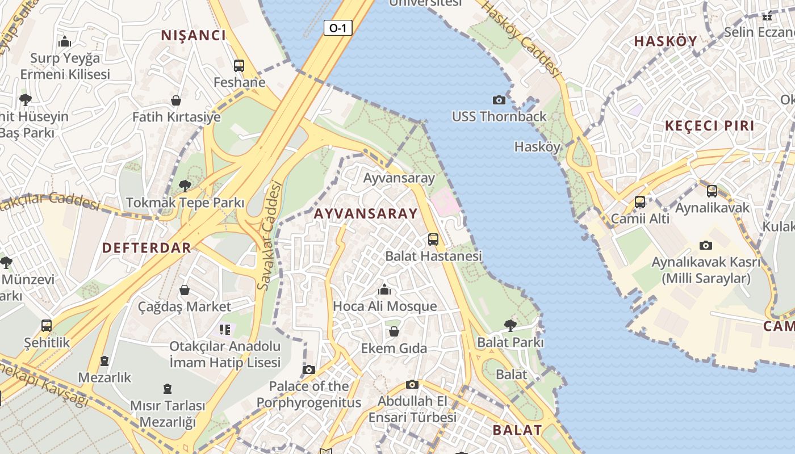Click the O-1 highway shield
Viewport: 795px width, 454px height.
pyautogui.click(x=338, y=28)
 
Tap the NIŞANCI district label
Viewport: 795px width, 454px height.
pyautogui.click(x=194, y=35)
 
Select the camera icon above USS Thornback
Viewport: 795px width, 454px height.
pyautogui.click(x=499, y=100)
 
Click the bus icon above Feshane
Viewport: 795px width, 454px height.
pyautogui.click(x=239, y=66)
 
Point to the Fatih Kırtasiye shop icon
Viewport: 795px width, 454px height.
pyautogui.click(x=176, y=101)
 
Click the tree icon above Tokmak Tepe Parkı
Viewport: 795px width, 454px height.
pyautogui.click(x=185, y=186)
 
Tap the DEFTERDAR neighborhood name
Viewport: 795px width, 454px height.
pyautogui.click(x=147, y=247)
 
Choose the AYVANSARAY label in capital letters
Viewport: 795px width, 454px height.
pyautogui.click(x=366, y=214)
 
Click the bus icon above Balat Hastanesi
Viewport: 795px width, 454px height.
pyautogui.click(x=433, y=239)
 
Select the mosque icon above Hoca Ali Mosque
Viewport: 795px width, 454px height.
pyautogui.click(x=384, y=290)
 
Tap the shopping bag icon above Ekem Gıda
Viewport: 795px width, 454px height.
pyautogui.click(x=394, y=331)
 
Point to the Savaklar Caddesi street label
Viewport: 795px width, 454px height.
pyautogui.click(x=269, y=236)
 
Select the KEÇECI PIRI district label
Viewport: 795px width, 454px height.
pyautogui.click(x=710, y=126)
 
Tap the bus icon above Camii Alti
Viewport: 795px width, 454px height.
pyautogui.click(x=640, y=202)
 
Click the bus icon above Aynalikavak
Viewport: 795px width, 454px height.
pyautogui.click(x=712, y=191)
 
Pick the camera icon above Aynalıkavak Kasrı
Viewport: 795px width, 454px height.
pyautogui.click(x=706, y=246)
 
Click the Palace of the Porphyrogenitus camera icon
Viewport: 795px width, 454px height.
pyautogui.click(x=309, y=370)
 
